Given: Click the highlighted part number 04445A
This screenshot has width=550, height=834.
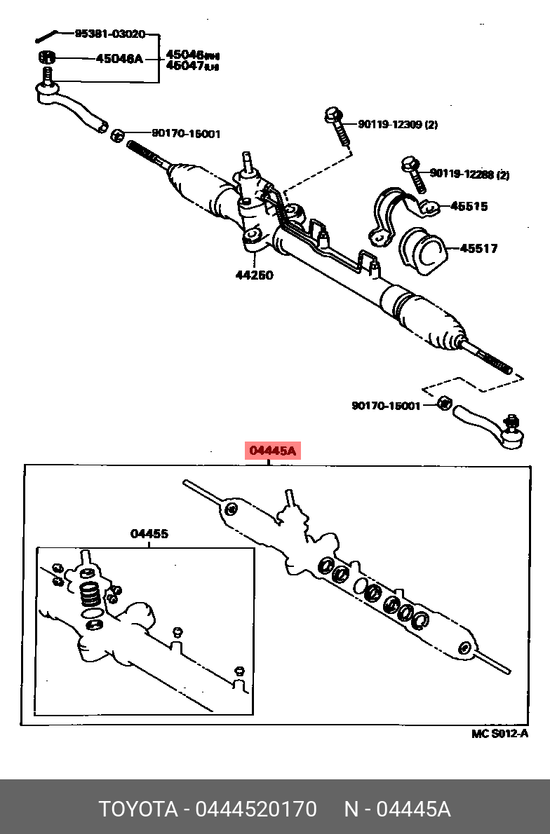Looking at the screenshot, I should point(272,451).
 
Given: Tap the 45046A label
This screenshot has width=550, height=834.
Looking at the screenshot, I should point(119,58).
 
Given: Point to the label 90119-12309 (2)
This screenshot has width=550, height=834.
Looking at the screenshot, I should point(397,125).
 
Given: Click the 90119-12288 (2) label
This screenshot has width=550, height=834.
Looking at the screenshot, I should point(469,174).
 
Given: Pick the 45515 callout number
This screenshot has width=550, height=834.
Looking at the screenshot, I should point(469,206).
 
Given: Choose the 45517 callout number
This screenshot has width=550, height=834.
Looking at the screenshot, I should point(479,248).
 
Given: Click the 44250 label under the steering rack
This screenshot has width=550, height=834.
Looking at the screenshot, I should point(254,275).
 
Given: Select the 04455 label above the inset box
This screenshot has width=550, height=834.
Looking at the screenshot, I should point(149,534).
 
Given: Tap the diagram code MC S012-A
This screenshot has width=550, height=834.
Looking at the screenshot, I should point(499,734).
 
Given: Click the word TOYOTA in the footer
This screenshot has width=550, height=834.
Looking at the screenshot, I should point(138,809).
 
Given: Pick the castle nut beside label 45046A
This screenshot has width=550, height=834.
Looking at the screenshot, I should point(46,57).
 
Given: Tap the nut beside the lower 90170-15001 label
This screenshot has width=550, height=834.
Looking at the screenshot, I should point(443,403).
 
